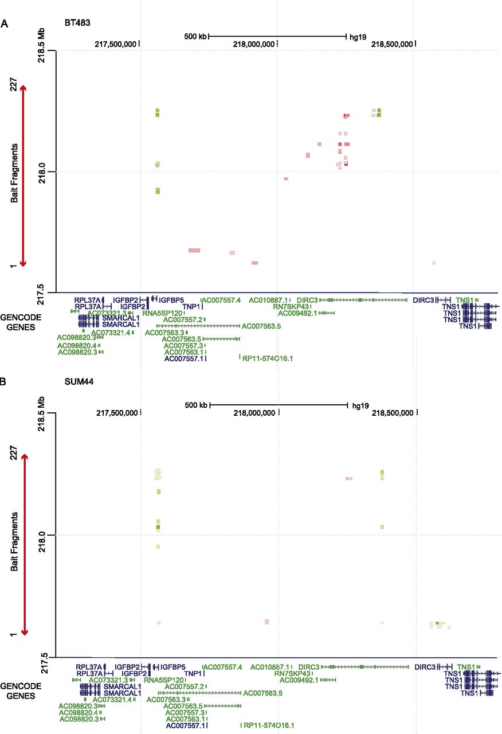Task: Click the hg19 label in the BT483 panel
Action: pos(358,36)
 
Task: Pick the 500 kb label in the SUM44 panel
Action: pos(195,405)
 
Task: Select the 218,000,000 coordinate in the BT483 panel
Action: pos(254,44)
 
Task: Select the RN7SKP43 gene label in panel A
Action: pos(291,306)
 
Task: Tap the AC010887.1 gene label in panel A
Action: pos(268,299)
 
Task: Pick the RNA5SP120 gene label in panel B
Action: pos(163,680)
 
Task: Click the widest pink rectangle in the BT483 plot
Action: pos(194,251)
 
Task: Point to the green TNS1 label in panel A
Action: pos(464,299)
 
